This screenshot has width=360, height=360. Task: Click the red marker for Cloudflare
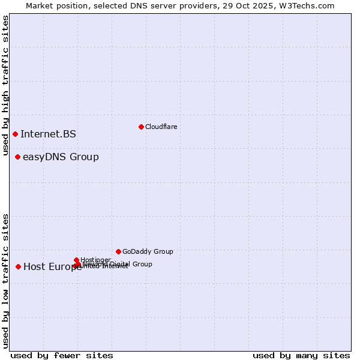[x=141, y=127]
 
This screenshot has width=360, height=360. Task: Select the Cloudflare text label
[x=161, y=127]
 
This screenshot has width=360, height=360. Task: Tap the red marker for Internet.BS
[x=15, y=134]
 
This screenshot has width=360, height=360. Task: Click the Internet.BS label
[x=48, y=134]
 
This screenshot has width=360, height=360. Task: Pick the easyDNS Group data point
[x=18, y=157]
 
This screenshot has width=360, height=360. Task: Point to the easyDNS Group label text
[x=61, y=157]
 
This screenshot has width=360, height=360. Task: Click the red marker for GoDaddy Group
[x=118, y=251]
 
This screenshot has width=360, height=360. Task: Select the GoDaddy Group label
[x=148, y=251]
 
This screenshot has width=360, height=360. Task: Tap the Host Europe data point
[x=19, y=266]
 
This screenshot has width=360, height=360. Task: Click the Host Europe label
[x=52, y=267]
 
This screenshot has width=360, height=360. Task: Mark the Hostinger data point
[x=76, y=260]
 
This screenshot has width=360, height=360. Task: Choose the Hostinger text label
[x=95, y=260]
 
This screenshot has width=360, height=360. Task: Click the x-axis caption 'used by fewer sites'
[x=62, y=355]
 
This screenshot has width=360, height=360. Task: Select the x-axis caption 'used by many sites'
[x=301, y=355]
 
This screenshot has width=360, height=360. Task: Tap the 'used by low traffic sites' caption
[x=6, y=280]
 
